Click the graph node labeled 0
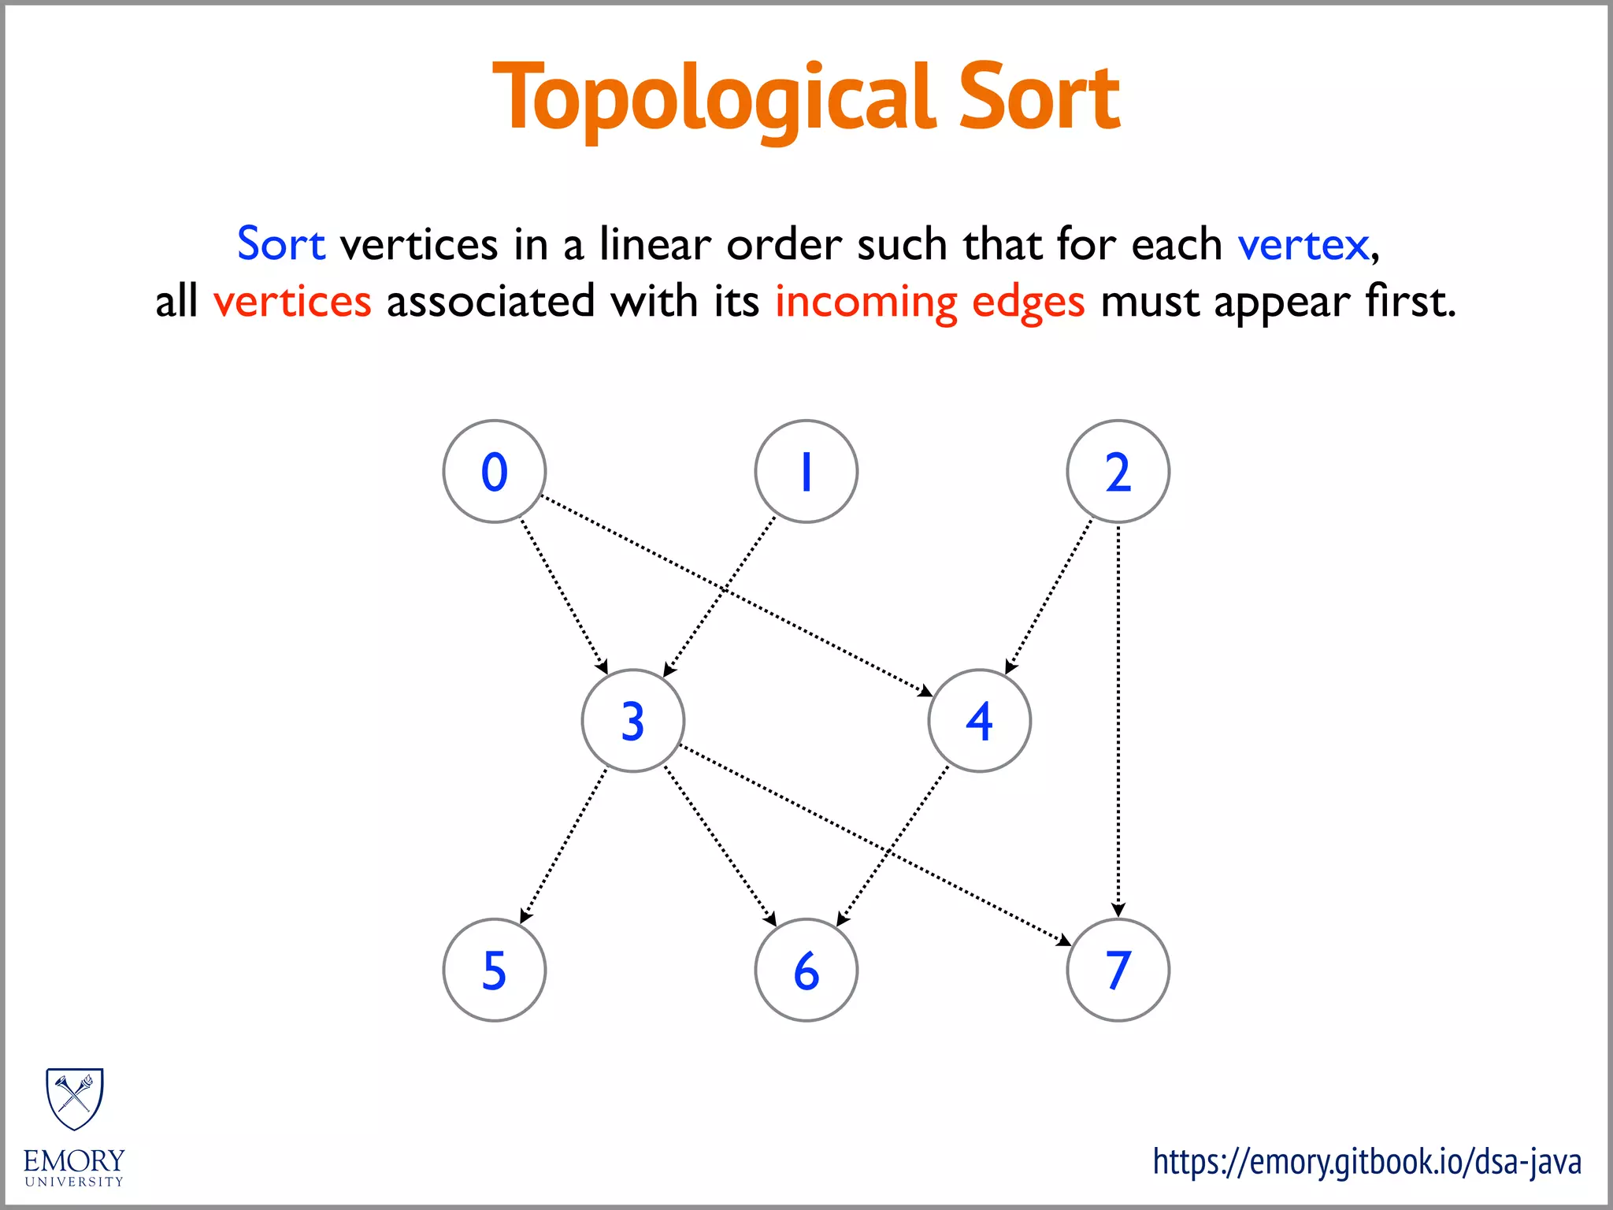pyautogui.click(x=495, y=471)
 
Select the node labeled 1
pyautogui.click(x=806, y=471)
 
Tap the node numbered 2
pyautogui.click(x=1118, y=471)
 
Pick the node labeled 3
pyautogui.click(x=633, y=720)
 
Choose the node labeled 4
pyautogui.click(x=979, y=720)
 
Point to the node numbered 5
pyautogui.click(x=495, y=970)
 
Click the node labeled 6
pyautogui.click(x=806, y=970)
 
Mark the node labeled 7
pyautogui.click(x=1118, y=970)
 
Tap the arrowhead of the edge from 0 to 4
pyautogui.click(x=925, y=692)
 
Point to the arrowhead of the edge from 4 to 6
pyautogui.click(x=842, y=919)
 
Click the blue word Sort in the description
pyautogui.click(x=281, y=243)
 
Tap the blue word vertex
pyautogui.click(x=1303, y=245)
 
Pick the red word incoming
pyautogui.click(x=866, y=302)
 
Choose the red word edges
pyautogui.click(x=1028, y=302)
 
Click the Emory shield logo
pyautogui.click(x=75, y=1099)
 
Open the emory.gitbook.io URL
pyautogui.click(x=1366, y=1162)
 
